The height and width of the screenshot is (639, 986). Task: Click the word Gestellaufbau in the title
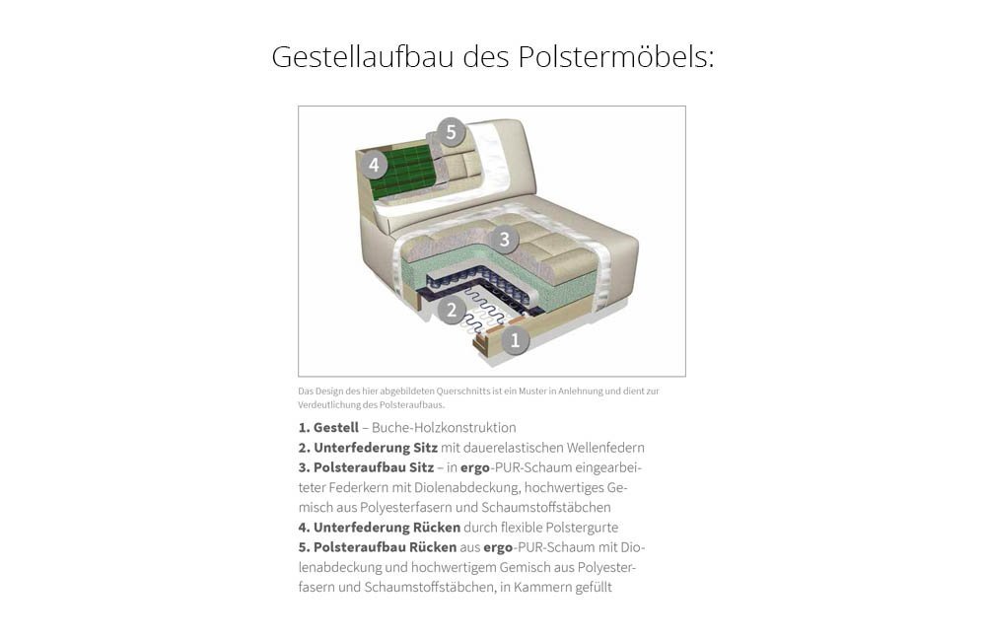pos(363,56)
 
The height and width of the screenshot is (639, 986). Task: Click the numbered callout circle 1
pos(515,340)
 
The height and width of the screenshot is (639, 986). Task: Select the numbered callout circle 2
pos(451,310)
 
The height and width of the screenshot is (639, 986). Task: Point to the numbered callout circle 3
pos(504,239)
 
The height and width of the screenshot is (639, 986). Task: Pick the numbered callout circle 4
pos(374,165)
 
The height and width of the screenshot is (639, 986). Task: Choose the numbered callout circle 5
pos(451,132)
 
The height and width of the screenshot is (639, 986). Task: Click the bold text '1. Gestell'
pos(328,428)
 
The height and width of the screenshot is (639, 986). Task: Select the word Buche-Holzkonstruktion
pos(444,428)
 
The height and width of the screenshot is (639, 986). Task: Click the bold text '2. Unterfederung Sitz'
pos(368,448)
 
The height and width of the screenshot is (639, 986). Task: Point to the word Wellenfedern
pos(605,448)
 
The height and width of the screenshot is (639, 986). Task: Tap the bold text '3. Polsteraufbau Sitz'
pos(366,468)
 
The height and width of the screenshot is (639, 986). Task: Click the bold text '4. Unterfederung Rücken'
pos(380,528)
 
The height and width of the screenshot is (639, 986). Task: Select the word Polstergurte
pos(582,528)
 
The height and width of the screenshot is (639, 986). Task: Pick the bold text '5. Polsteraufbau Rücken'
pos(378,547)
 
